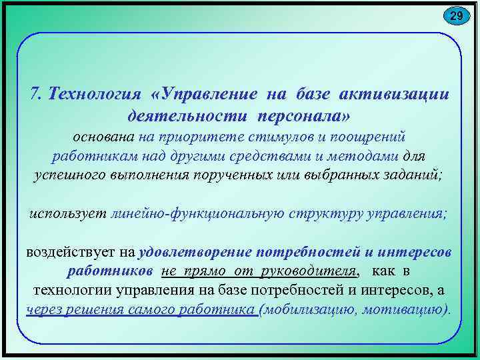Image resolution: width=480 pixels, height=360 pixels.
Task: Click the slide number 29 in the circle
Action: (455, 16)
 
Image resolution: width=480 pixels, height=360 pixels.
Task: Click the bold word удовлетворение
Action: (195, 253)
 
